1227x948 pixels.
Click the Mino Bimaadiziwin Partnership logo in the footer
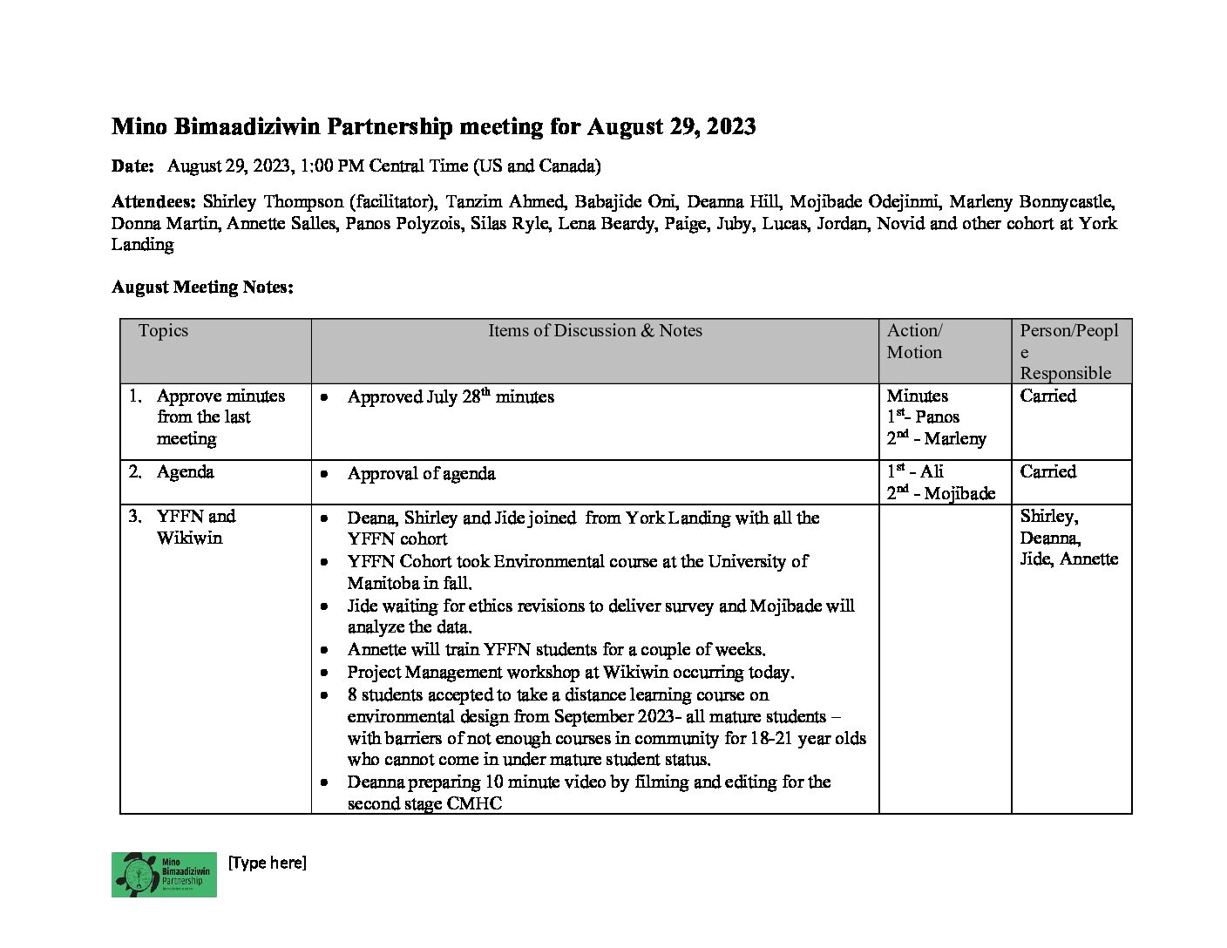tap(164, 874)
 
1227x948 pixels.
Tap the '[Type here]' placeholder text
tap(267, 863)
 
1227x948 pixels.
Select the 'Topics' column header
tap(163, 331)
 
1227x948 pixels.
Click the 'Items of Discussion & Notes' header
tap(594, 331)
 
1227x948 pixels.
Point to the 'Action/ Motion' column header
tap(914, 342)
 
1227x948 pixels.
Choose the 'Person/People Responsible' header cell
tap(1068, 351)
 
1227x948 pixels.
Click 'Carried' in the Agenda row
tap(1047, 472)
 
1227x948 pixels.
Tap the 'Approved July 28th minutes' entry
tap(450, 397)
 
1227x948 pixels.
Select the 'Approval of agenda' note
tap(421, 474)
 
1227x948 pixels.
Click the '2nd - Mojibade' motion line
tap(940, 494)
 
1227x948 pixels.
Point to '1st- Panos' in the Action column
tap(923, 417)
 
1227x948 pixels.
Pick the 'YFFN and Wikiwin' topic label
tap(195, 527)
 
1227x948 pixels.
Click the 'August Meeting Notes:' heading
tap(202, 288)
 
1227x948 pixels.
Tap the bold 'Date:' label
tap(132, 166)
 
